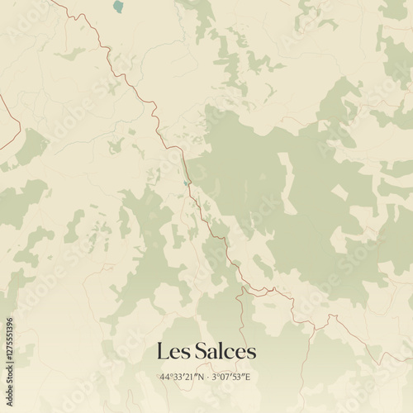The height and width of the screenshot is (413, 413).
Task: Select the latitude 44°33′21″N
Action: pyautogui.click(x=182, y=377)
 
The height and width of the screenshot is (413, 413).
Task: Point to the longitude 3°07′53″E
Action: pyautogui.click(x=231, y=377)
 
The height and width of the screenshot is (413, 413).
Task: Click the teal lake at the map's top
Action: pyautogui.click(x=117, y=7)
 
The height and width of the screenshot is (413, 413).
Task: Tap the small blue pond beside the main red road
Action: pyautogui.click(x=188, y=183)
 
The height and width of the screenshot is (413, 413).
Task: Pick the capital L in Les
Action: pyautogui.click(x=163, y=351)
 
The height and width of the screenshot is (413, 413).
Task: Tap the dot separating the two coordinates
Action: pyautogui.click(x=207, y=377)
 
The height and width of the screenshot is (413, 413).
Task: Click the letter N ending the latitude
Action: pyautogui.click(x=201, y=377)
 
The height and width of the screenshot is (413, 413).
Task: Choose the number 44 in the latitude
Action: pyautogui.click(x=165, y=377)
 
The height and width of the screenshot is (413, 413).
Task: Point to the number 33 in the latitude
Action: pyautogui.click(x=178, y=377)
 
